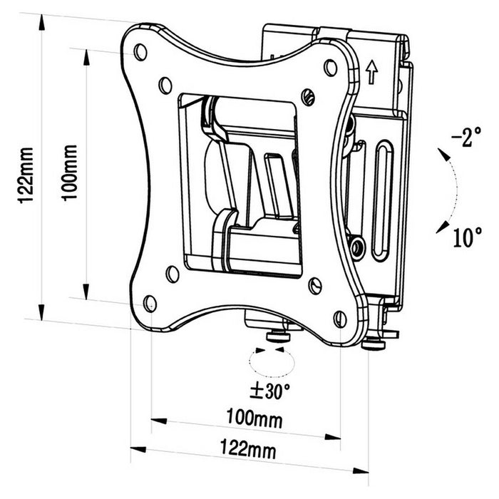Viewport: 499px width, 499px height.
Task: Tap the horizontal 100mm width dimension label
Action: pyautogui.click(x=254, y=418)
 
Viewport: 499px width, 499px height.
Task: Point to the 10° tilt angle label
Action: pyautogui.click(x=466, y=237)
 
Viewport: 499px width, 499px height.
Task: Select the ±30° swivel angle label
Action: pyautogui.click(x=269, y=391)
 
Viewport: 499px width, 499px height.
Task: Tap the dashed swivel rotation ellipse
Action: pyautogui.click(x=272, y=363)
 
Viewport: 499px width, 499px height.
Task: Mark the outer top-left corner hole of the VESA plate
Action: pyautogui.click(x=140, y=51)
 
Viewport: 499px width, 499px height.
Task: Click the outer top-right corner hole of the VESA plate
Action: pyautogui.click(x=330, y=68)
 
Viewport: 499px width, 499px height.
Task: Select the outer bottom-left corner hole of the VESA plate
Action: pyautogui.click(x=150, y=303)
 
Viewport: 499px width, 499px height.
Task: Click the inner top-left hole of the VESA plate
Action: pyautogui.click(x=165, y=82)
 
